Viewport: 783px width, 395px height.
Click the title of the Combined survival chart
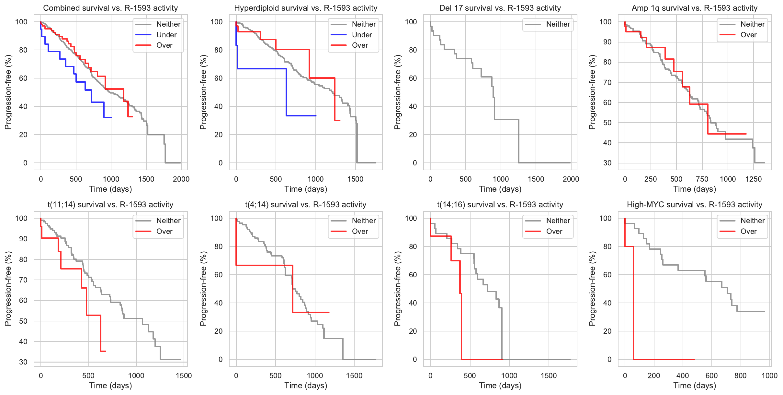pyautogui.click(x=110, y=8)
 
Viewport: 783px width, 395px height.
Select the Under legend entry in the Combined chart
pyautogui.click(x=166, y=35)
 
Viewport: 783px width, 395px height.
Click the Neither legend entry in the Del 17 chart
pyautogui.click(x=558, y=24)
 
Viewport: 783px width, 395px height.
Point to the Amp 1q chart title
pyautogui.click(x=694, y=8)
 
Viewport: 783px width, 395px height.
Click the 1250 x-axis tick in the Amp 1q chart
pyautogui.click(x=753, y=179)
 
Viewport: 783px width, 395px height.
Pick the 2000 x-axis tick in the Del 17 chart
pyautogui.click(x=571, y=179)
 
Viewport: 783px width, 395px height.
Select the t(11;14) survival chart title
pyautogui.click(x=110, y=205)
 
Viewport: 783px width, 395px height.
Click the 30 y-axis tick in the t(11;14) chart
pyautogui.click(x=23, y=362)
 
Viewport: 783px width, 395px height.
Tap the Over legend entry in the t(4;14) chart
pyautogui.click(x=359, y=232)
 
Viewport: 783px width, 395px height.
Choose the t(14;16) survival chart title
pyautogui.click(x=500, y=205)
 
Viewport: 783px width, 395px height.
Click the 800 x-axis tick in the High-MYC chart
pyautogui.click(x=740, y=376)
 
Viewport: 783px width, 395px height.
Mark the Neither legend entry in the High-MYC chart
pyautogui.click(x=752, y=221)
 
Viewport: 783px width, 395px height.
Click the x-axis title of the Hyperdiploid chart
pyautogui.click(x=306, y=189)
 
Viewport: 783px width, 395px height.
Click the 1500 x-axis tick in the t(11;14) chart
pyautogui.click(x=184, y=376)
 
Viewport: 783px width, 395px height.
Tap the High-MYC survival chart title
pyautogui.click(x=694, y=205)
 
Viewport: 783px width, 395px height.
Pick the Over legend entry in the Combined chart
pyautogui.click(x=164, y=45)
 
